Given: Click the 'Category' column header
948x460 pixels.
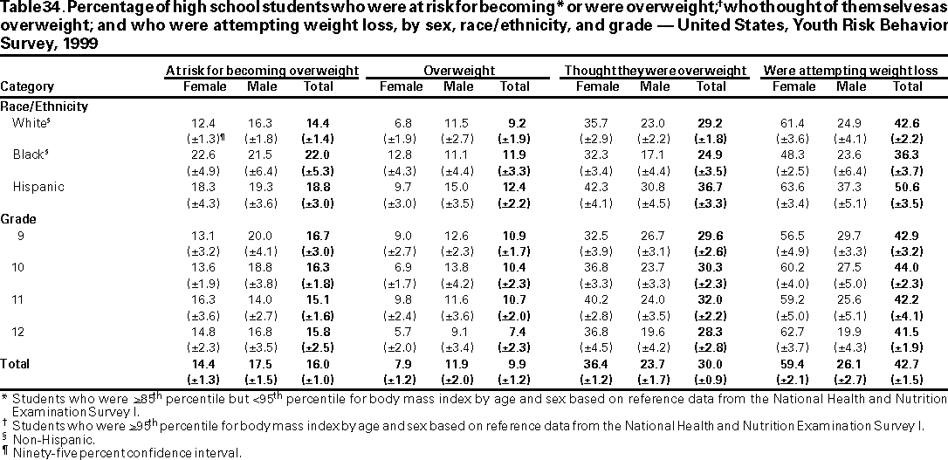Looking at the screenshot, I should [27, 86].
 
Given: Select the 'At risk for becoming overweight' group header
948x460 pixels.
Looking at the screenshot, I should [262, 70].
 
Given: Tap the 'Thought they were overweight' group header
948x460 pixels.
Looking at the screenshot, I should [654, 70].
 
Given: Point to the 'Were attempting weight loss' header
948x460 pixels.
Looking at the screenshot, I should [849, 70].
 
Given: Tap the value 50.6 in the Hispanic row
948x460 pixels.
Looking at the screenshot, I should [909, 187].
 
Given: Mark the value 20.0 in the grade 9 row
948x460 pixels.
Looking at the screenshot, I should [262, 235].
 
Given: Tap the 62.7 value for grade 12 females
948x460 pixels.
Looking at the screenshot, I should [793, 333].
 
